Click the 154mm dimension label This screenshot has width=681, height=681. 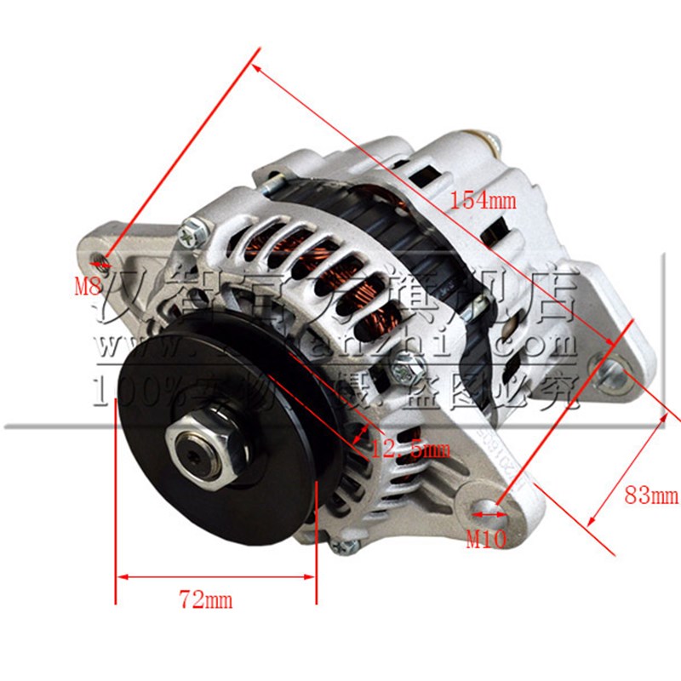(483, 201)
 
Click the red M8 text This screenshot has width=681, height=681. (88, 286)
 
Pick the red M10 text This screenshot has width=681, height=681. (486, 540)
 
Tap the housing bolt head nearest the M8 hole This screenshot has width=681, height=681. (193, 228)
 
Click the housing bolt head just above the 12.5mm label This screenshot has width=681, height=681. (398, 369)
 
